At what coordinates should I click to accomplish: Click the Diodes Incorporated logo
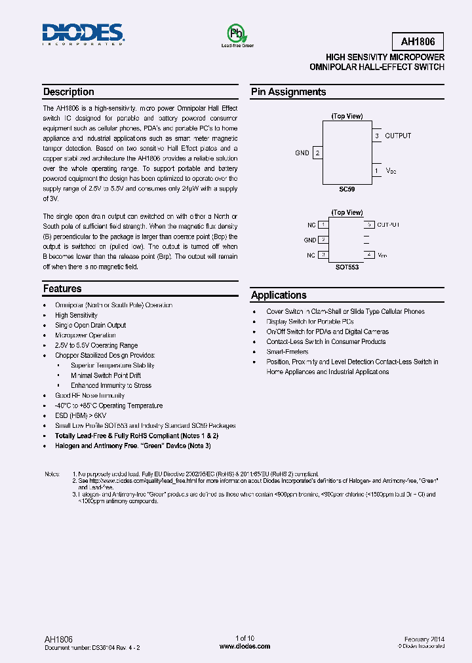(x=83, y=34)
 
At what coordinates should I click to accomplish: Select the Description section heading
(x=69, y=92)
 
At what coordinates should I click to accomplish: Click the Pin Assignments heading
(x=288, y=92)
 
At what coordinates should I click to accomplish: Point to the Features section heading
(x=63, y=289)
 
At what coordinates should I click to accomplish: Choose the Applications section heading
(x=279, y=295)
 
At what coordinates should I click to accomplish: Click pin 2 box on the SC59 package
(x=317, y=153)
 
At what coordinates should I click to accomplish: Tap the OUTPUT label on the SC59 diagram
(x=398, y=136)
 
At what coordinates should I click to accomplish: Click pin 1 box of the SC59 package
(x=376, y=170)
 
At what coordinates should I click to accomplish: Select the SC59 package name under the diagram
(x=347, y=188)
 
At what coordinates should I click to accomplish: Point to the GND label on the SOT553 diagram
(x=310, y=240)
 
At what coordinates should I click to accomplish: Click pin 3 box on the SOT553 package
(x=323, y=255)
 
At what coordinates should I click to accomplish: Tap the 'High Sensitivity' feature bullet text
(x=76, y=315)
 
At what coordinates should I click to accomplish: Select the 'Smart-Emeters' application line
(x=287, y=352)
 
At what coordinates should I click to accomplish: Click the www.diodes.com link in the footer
(x=245, y=646)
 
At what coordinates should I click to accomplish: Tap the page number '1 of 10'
(x=245, y=638)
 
